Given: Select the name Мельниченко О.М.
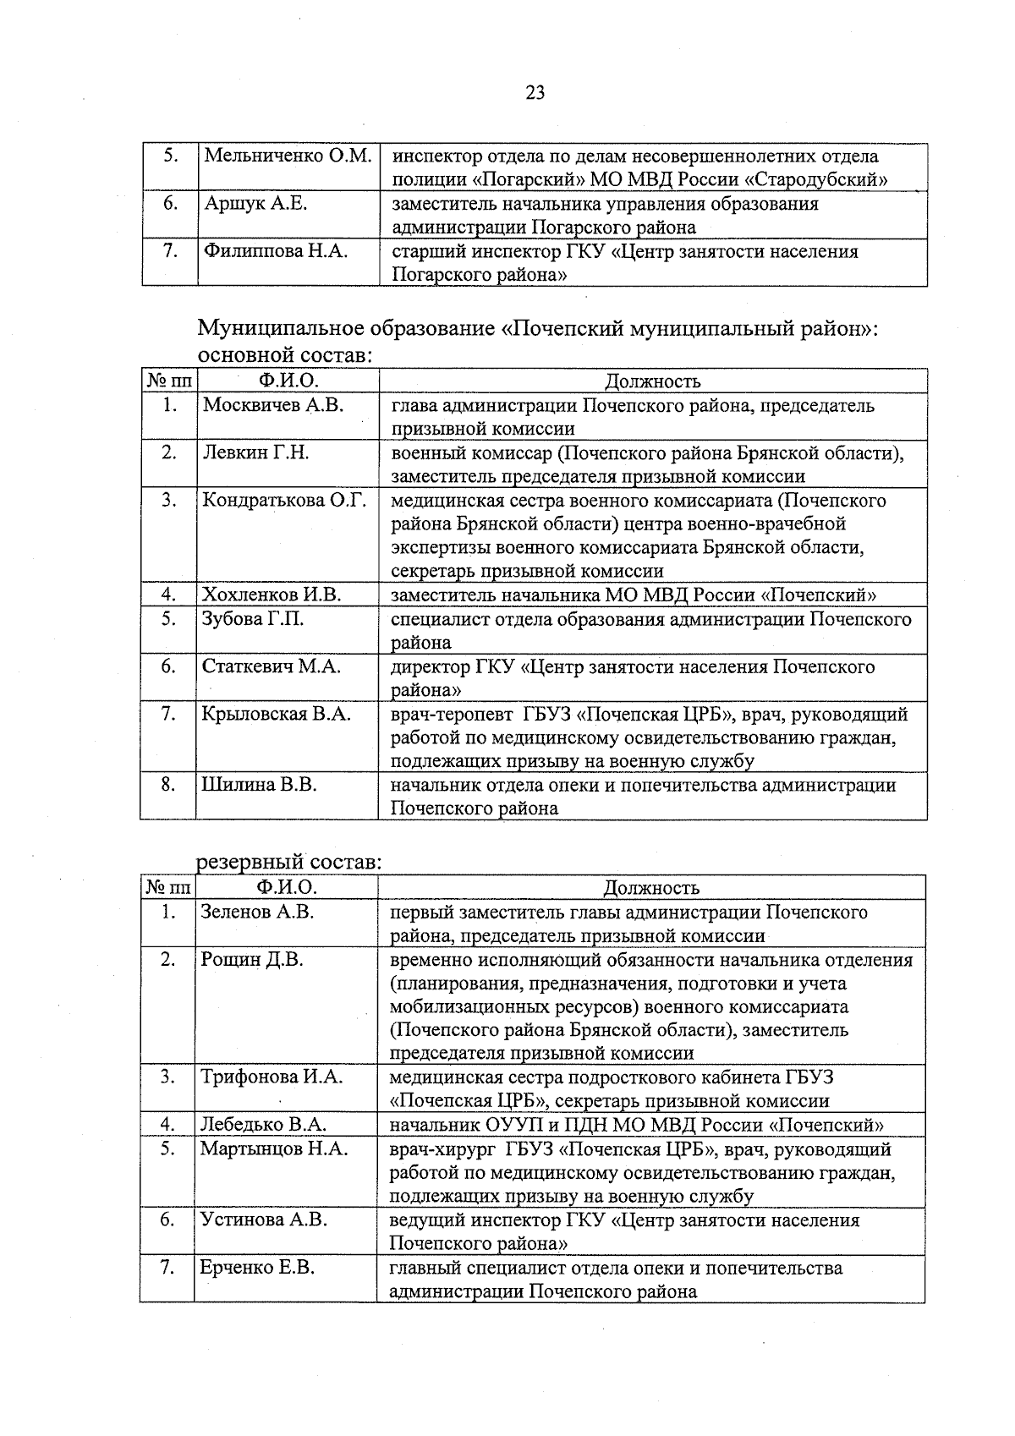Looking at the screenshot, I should [x=288, y=156].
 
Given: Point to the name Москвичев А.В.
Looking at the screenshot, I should [x=272, y=405].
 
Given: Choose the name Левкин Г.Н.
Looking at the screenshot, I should [x=255, y=452].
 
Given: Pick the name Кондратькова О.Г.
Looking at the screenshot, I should [x=284, y=500].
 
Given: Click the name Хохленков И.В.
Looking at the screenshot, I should [x=271, y=595].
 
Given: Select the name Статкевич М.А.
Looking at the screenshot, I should [x=271, y=666].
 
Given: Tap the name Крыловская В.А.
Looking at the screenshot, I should [x=276, y=714].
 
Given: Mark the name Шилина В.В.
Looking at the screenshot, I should [x=259, y=785].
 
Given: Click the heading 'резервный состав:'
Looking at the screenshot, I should [x=288, y=863].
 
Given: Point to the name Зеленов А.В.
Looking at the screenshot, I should [x=257, y=912].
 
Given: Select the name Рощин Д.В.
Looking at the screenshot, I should [x=251, y=959].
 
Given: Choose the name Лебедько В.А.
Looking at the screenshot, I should [x=263, y=1125].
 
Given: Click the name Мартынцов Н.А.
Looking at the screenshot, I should [x=274, y=1148].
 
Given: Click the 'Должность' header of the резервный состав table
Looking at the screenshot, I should [x=650, y=887].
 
